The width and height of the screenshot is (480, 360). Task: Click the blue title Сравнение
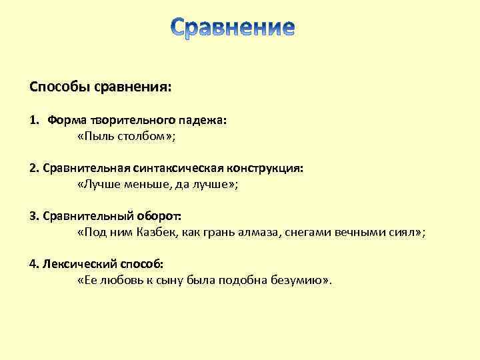pyautogui.click(x=231, y=29)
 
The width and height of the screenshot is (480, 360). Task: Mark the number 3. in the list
pyautogui.click(x=34, y=217)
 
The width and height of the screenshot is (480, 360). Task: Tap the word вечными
pyautogui.click(x=356, y=233)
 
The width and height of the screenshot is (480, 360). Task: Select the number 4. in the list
pyautogui.click(x=34, y=264)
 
